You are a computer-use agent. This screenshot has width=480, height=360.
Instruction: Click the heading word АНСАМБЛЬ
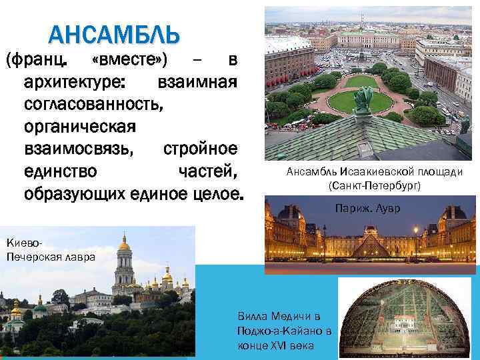[115, 33]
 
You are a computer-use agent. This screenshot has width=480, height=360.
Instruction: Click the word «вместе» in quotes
[131, 61]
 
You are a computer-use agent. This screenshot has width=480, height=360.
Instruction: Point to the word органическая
[79, 127]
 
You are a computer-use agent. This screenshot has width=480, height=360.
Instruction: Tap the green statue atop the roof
[363, 101]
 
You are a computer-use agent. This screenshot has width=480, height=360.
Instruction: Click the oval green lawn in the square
[361, 101]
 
